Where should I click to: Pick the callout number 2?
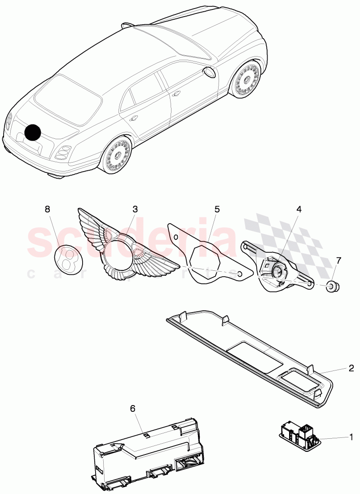point(351,368)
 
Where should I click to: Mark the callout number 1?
point(351,436)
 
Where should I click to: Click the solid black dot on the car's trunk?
point(33,132)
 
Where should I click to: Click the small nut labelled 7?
point(332,285)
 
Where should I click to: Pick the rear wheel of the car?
point(117,153)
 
